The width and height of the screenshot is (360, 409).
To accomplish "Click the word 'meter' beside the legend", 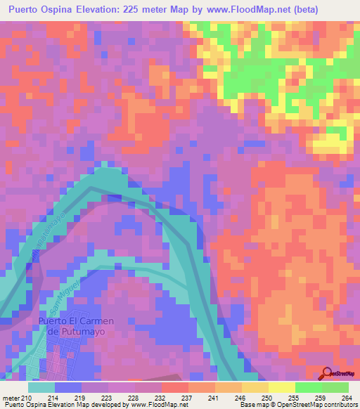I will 11,398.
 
